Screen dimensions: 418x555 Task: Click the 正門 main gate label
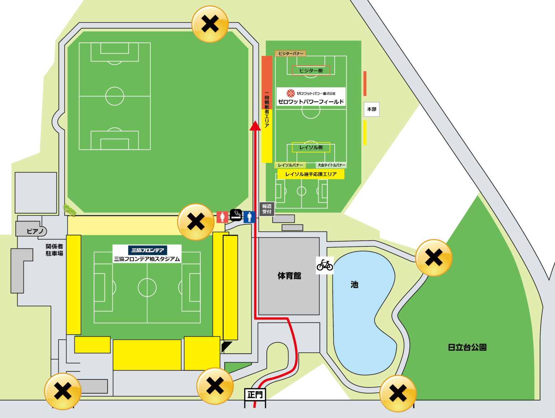255,394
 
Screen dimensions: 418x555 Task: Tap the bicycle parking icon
324,265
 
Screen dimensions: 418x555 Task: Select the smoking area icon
236,215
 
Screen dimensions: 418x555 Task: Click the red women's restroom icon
222,217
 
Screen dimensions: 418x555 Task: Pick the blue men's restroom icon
249,217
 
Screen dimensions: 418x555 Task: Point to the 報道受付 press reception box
267,209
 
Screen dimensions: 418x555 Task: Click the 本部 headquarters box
371,109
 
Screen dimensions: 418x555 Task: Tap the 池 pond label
354,285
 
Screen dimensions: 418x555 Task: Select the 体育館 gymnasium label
289,276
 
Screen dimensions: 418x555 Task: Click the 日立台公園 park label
467,347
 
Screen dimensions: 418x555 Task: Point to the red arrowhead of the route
255,126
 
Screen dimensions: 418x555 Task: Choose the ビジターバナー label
291,54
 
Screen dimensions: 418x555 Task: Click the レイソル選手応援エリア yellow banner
311,174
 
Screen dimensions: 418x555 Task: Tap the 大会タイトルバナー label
331,165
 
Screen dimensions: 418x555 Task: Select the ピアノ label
35,231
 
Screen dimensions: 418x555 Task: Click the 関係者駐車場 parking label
54,250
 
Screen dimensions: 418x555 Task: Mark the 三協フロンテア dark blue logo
147,250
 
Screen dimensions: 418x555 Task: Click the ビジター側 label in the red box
311,71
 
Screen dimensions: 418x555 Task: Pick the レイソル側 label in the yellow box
311,147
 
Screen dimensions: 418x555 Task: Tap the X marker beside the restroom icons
196,222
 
